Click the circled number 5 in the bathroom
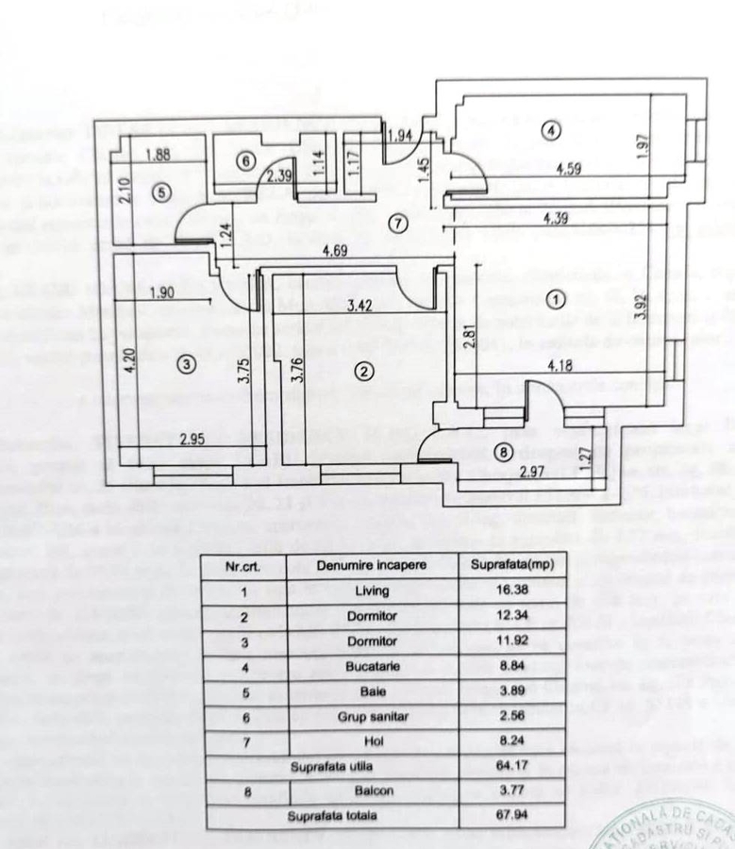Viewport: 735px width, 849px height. (x=160, y=193)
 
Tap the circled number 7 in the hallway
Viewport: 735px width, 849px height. (x=399, y=224)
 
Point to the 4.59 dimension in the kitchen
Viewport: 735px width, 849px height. (x=566, y=171)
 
